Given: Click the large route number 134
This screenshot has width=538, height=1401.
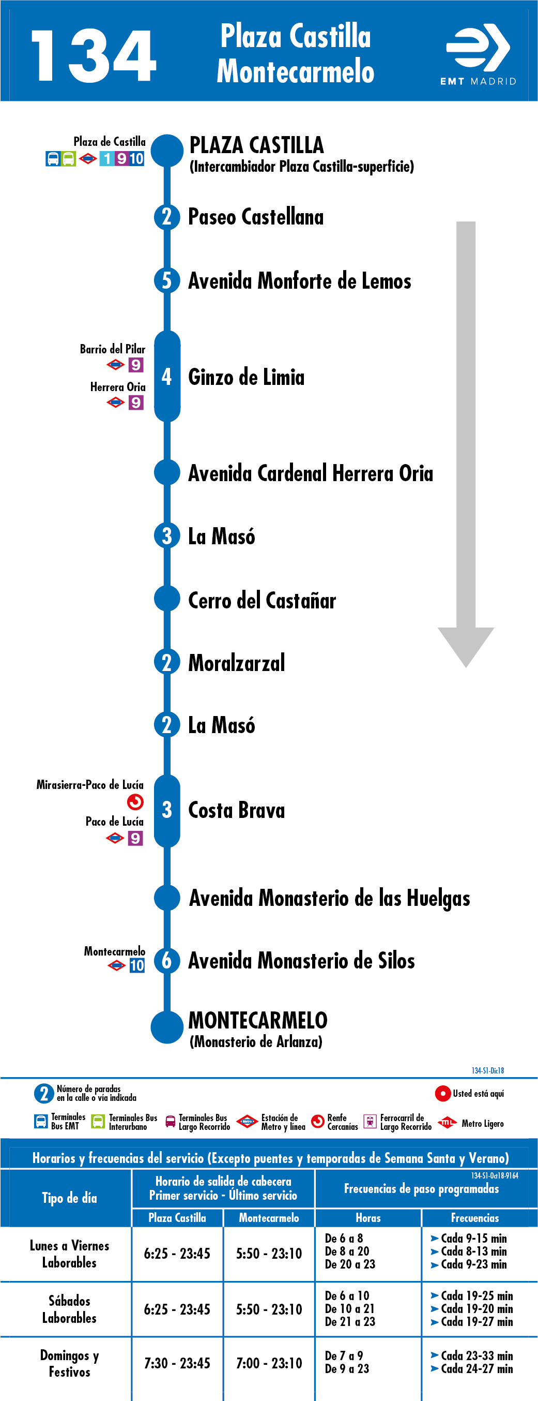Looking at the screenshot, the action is pos(94,56).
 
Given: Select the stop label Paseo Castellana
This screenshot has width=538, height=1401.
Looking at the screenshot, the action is pos(255,216).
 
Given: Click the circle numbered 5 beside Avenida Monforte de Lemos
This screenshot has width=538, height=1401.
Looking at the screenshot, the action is pos(167,280).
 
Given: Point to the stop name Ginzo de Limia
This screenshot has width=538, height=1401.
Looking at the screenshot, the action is pos(246,377).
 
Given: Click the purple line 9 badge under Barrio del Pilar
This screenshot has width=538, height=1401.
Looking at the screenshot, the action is pos(136,364).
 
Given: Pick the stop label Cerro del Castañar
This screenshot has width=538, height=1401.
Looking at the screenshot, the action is pos(262,600).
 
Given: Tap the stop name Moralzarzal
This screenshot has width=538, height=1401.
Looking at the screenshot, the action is pos(236,662).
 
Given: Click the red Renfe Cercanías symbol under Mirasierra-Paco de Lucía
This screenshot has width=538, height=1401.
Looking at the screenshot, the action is pos(135,802).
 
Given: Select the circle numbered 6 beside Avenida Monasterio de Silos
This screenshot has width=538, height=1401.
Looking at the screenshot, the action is pos(167,960).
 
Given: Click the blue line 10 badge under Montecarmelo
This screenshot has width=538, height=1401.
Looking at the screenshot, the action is pos(137,965).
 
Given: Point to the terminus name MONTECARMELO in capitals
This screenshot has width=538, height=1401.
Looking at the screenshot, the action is pos(257,1020).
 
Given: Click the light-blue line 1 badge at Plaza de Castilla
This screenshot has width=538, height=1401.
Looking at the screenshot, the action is pos(106,158).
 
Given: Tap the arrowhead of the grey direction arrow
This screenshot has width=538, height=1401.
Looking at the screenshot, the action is pos(466,647).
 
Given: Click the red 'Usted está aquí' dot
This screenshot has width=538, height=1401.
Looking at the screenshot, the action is pos(443,1093).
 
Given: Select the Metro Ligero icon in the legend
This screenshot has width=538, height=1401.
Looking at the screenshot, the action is pos(447,1123).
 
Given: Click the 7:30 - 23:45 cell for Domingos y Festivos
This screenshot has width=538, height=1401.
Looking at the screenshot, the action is pos(177,1363).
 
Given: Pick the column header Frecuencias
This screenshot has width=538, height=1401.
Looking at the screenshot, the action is pos(475,1218).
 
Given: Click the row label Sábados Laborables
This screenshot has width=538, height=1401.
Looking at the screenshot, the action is pos(70,1309).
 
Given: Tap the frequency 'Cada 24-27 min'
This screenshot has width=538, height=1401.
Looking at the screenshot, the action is pos(472,1369).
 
